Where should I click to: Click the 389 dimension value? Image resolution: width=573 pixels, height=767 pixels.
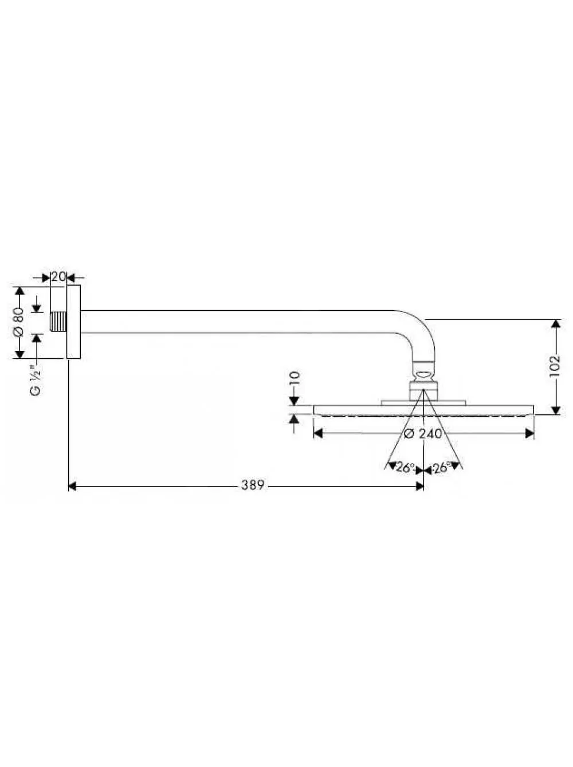click(252, 485)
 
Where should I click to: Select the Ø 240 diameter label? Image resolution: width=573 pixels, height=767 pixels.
click(423, 433)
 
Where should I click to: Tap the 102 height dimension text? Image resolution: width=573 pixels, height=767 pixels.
click(554, 367)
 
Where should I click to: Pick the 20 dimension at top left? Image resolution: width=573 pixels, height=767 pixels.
click(58, 277)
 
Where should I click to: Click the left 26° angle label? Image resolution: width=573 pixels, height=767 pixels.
click(405, 468)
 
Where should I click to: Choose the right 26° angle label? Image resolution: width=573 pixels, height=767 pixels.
click(442, 468)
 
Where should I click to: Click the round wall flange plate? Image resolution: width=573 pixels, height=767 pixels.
click(73, 322)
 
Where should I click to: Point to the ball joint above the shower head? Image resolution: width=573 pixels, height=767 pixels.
click(423, 374)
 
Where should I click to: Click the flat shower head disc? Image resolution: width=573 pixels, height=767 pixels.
click(423, 410)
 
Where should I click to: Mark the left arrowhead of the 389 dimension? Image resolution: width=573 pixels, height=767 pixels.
click(72, 487)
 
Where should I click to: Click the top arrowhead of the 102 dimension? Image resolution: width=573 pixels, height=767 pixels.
click(555, 324)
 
